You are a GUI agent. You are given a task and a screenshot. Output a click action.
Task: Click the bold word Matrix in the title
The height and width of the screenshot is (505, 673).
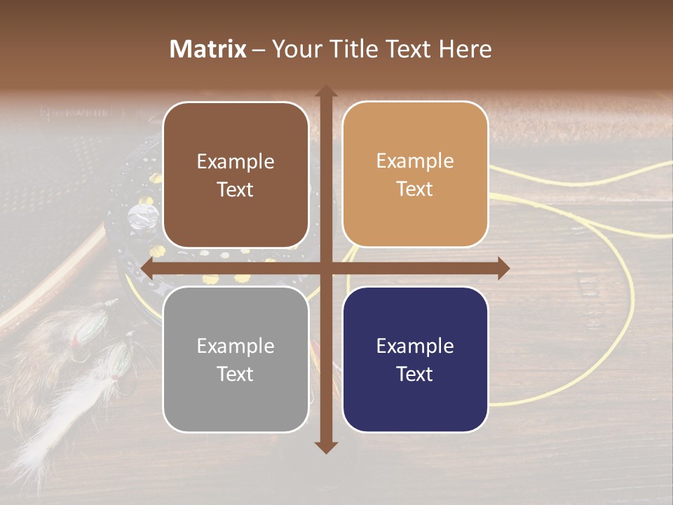tap(208, 49)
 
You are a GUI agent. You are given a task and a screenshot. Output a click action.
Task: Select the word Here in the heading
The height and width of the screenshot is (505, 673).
tap(466, 49)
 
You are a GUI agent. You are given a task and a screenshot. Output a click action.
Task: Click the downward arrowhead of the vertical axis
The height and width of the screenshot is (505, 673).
tap(325, 447)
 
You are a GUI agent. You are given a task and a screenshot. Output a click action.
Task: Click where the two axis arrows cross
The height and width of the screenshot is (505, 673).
tap(325, 268)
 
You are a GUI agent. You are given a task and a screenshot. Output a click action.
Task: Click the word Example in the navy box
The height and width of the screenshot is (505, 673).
tap(415, 346)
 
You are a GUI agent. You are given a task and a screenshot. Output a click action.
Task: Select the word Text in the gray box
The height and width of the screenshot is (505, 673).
tap(236, 374)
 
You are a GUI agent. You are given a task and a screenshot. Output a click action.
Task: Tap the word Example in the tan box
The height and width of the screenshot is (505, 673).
tap(415, 161)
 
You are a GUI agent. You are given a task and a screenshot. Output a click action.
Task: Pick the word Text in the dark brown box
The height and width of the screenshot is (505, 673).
tap(236, 189)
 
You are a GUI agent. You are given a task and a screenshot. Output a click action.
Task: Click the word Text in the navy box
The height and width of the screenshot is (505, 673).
tap(415, 374)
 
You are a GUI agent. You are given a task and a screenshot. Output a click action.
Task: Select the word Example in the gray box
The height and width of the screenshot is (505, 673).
tap(236, 346)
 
